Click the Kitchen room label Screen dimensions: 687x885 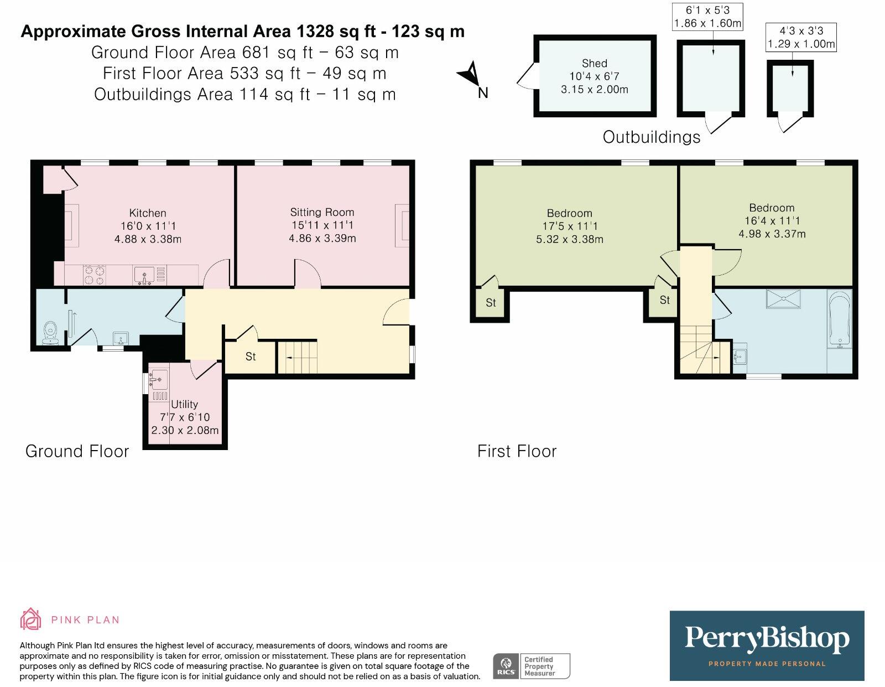[x=148, y=213]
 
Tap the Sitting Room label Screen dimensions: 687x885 [x=322, y=212]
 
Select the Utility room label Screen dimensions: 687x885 [x=184, y=404]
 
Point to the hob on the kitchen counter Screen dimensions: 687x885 [x=94, y=275]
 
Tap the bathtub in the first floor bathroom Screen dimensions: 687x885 [x=839, y=320]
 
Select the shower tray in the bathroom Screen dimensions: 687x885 [x=783, y=298]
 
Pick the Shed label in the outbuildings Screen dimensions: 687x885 [x=595, y=64]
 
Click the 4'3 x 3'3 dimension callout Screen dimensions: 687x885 [x=801, y=37]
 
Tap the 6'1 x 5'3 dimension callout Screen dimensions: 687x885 [x=707, y=17]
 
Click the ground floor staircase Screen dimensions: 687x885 [x=298, y=357]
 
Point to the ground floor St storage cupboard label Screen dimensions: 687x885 [x=251, y=357]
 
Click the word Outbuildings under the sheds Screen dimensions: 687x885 [x=651, y=137]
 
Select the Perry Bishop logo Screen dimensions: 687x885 [x=767, y=645]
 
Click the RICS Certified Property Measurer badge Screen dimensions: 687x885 [x=531, y=666]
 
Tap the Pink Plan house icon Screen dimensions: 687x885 [x=31, y=619]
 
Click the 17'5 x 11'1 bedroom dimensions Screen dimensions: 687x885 [x=570, y=226]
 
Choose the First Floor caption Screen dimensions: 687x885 [x=517, y=452]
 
